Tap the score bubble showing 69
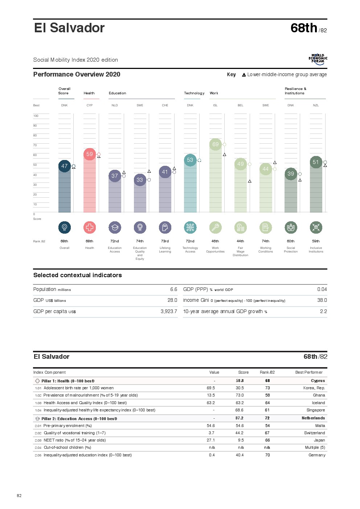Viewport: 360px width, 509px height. coord(216,144)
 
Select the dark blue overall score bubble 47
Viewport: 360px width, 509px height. coord(65,166)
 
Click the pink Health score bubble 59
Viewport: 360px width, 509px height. coord(90,154)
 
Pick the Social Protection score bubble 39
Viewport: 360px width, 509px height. coord(291,174)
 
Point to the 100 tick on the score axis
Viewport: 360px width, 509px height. coord(36,116)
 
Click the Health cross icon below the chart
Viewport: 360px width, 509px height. coord(90,227)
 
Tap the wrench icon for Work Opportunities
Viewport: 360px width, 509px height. coord(215,227)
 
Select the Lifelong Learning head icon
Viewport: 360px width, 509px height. coord(165,227)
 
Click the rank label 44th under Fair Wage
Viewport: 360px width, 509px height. coord(240,241)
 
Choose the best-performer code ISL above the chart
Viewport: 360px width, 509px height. coord(215,106)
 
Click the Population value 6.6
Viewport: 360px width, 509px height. coord(173,290)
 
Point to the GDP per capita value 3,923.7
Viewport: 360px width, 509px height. coord(169,312)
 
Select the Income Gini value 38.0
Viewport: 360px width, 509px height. coord(322,300)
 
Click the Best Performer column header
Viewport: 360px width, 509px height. coord(308,373)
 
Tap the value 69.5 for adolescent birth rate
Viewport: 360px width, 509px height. coord(210,388)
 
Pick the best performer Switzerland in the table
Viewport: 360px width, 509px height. coord(314,433)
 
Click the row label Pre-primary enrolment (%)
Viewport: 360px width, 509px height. coord(67,426)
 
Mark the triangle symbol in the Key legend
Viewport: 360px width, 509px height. coord(244,75)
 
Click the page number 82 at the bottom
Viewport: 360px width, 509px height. coord(19,496)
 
